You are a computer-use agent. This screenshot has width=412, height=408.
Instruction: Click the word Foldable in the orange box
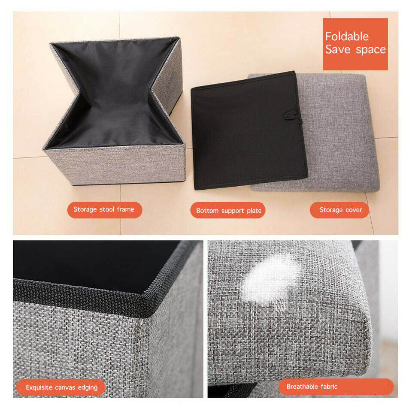pyautogui.click(x=347, y=36)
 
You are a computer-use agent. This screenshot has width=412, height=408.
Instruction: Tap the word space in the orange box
pyautogui.click(x=371, y=50)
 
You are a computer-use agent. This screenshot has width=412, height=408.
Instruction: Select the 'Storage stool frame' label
pyautogui.click(x=105, y=210)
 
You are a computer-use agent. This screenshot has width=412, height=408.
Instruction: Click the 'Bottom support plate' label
pyautogui.click(x=228, y=210)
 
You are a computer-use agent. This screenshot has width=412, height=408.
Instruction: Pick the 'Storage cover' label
pyautogui.click(x=339, y=210)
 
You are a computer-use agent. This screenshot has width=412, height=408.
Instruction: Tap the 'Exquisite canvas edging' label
pyautogui.click(x=61, y=387)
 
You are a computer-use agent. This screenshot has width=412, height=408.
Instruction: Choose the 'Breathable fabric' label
pyautogui.click(x=336, y=387)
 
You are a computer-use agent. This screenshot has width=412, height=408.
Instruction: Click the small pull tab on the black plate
pyautogui.click(x=291, y=115)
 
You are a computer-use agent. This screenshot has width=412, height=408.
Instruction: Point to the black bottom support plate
pyautogui.click(x=248, y=130)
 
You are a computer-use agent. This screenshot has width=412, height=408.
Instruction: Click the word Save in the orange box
pyautogui.click(x=338, y=49)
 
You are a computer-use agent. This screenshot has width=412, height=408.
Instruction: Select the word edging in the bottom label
pyautogui.click(x=88, y=388)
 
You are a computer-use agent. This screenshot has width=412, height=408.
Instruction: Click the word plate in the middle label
pyautogui.click(x=254, y=211)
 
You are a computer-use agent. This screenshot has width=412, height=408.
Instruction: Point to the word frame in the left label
pyautogui.click(x=126, y=209)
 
